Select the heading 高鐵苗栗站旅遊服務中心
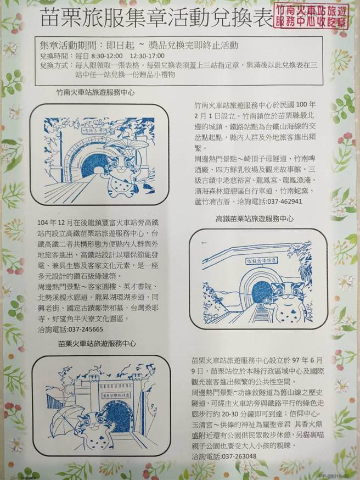point(254,219)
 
